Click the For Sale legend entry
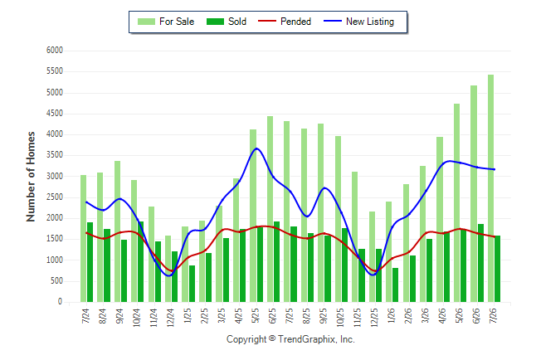tap(166, 22)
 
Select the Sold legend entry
tap(227, 22)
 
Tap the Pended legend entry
tap(285, 22)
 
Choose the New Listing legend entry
tap(359, 22)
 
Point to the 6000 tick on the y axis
tap(55, 51)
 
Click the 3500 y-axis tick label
tap(55, 155)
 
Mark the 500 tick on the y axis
tap(56, 281)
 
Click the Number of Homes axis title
tap(31, 177)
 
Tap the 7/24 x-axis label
tap(85, 316)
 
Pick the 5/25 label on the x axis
tap(256, 316)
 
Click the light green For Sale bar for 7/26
tap(490, 188)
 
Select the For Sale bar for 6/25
tap(270, 209)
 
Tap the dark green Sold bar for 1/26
tap(395, 285)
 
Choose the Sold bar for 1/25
tap(192, 284)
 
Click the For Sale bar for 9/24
tap(117, 231)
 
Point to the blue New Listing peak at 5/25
tap(256, 148)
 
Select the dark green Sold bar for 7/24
tap(90, 262)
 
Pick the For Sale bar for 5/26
tap(456, 202)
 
